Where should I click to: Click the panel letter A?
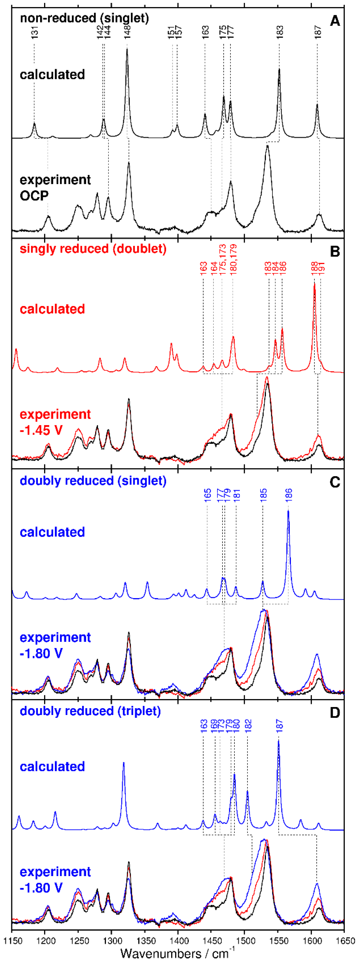click(x=335, y=21)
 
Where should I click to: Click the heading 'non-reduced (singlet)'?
click(x=84, y=18)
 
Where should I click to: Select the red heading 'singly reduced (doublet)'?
click(x=93, y=249)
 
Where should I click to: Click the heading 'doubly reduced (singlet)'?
click(x=93, y=480)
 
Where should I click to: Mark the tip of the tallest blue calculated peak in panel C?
click(x=288, y=511)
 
